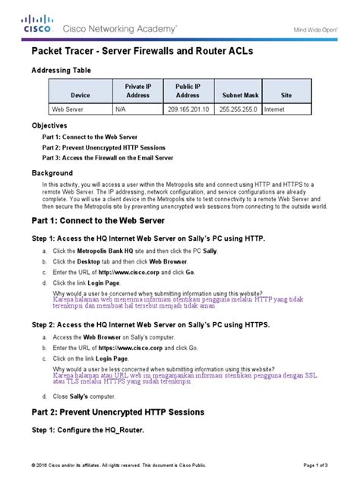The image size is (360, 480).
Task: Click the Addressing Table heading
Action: [x=60, y=70]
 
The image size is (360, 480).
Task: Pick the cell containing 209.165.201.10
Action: [x=188, y=109]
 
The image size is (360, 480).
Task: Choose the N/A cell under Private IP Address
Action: [x=137, y=109]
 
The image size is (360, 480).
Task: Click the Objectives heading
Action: [x=49, y=125]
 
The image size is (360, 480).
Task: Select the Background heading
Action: [x=52, y=173]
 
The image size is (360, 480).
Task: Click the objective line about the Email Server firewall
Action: [x=108, y=157]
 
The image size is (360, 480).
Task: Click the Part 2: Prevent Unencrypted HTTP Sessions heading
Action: [x=117, y=412]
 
